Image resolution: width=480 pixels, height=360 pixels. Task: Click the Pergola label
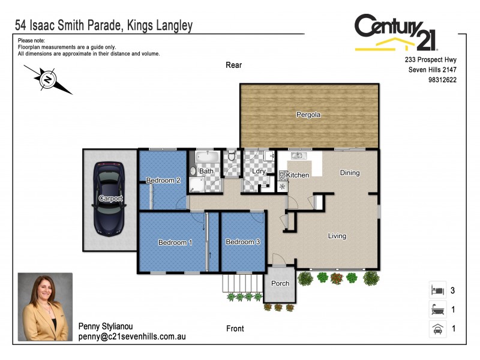point(308,115)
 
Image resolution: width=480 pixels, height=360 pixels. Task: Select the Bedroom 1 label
point(175,242)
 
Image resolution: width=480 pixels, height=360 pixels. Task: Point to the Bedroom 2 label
point(163,181)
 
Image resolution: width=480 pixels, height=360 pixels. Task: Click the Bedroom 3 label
point(242,242)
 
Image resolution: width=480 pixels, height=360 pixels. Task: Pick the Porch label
point(280,283)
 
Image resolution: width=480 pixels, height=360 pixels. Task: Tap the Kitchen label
point(298,175)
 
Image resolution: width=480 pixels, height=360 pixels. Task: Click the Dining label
point(350,173)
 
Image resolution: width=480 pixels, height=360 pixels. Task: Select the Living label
point(337,236)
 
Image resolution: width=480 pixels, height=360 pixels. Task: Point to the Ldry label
point(259,172)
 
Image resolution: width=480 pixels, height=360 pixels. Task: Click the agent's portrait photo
point(45,307)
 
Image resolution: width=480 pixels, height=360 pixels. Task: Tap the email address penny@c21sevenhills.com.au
point(132,337)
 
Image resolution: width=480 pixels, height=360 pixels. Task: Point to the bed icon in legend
point(436,290)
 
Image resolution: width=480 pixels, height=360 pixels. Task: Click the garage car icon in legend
point(436,328)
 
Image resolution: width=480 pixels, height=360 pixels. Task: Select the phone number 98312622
point(442,79)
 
